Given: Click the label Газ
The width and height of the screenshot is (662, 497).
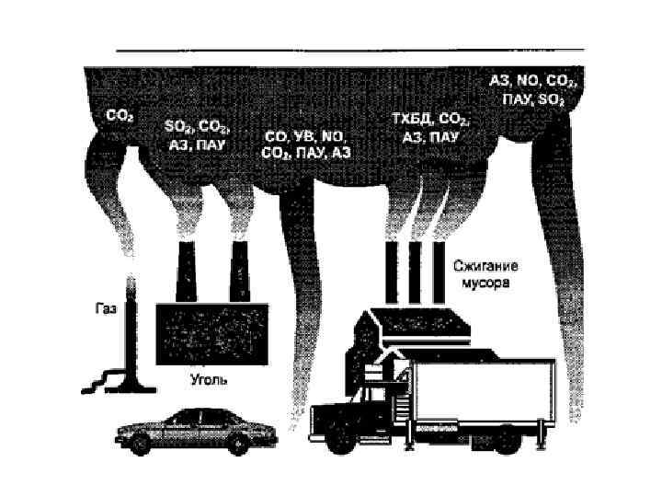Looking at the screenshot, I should (105, 310).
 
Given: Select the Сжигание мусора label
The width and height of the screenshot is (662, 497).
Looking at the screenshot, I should (485, 274).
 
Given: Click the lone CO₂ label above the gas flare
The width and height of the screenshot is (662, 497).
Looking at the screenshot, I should (120, 117).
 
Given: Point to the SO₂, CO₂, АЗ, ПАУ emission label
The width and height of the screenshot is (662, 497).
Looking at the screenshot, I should (197, 134).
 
